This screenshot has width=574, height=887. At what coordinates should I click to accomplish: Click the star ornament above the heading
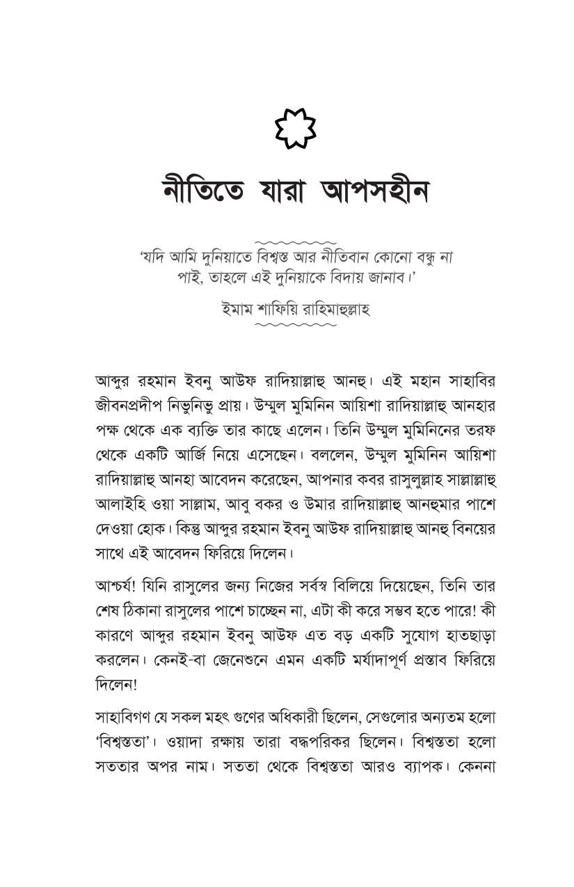click(x=296, y=129)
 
